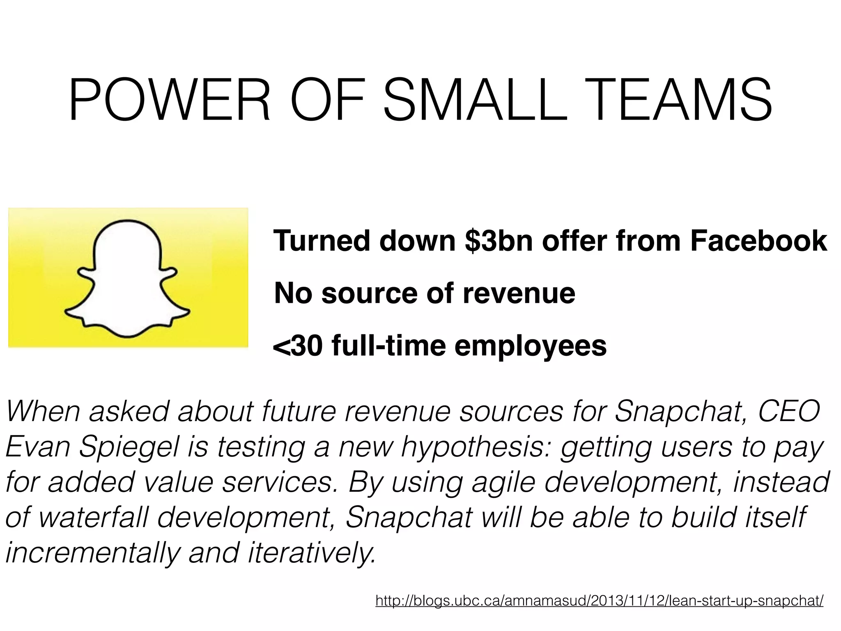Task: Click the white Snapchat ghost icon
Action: [x=128, y=279]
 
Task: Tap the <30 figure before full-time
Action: [x=298, y=346]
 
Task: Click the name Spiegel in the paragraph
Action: [x=129, y=448]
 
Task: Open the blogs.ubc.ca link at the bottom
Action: [x=599, y=601]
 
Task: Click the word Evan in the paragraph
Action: [x=38, y=447]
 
